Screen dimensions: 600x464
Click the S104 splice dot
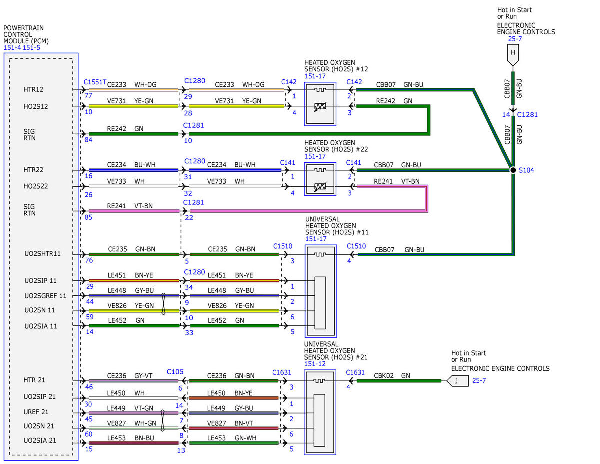click(x=513, y=170)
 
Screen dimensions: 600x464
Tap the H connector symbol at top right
click(x=513, y=55)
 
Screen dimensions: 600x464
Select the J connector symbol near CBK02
click(x=457, y=381)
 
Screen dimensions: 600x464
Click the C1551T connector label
click(x=95, y=82)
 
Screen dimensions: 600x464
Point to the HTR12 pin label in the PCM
click(x=33, y=89)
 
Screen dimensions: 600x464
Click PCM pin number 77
click(x=88, y=95)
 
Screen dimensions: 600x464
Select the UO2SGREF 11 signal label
click(x=45, y=296)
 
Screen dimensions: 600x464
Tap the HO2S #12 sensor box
click(x=320, y=104)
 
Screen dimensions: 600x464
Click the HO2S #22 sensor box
click(x=320, y=179)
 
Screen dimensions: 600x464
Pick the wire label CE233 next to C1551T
click(x=116, y=84)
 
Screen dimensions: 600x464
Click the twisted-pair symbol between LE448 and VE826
click(x=163, y=304)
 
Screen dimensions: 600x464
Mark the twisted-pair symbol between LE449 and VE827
click(x=162, y=420)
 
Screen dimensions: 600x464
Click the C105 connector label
click(x=175, y=372)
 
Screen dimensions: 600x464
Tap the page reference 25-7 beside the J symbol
click(x=479, y=380)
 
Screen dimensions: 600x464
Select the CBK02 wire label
click(x=384, y=376)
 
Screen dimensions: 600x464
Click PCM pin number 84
click(x=88, y=140)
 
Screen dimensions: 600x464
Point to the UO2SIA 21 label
click(x=40, y=440)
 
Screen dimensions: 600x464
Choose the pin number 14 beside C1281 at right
click(x=506, y=115)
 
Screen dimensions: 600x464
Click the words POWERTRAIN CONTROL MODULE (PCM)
click(x=26, y=34)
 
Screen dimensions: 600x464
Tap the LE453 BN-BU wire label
click(x=131, y=438)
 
